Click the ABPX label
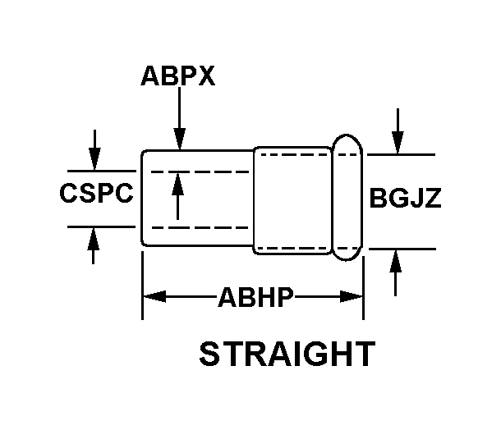pos(177,76)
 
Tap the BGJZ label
pos(406,199)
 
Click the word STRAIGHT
pos(287,355)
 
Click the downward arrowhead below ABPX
pos(178,140)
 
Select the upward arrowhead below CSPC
pos(95,237)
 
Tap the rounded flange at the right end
pos(347,199)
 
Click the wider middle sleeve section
pos(293,199)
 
